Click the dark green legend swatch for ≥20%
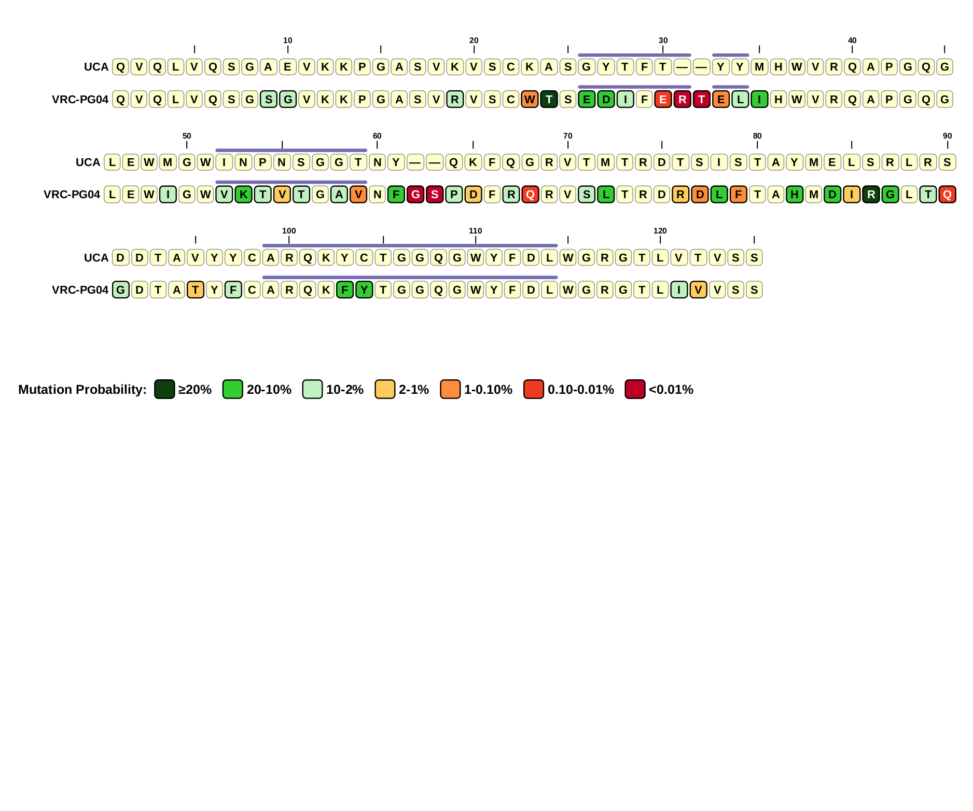[164, 389]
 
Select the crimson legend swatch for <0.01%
[635, 389]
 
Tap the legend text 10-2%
[344, 390]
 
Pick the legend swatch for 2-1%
[385, 389]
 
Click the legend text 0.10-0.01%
[580, 390]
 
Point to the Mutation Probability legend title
[82, 390]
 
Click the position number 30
[663, 40]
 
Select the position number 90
[947, 136]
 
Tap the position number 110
[475, 231]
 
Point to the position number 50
[187, 136]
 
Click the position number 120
[660, 231]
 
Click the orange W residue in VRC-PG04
[530, 99]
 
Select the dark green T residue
[549, 99]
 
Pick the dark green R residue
[871, 195]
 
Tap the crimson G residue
[415, 195]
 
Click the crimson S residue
[435, 195]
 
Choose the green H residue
[794, 195]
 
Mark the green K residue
[243, 195]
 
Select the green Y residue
[364, 290]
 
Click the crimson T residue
[701, 99]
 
